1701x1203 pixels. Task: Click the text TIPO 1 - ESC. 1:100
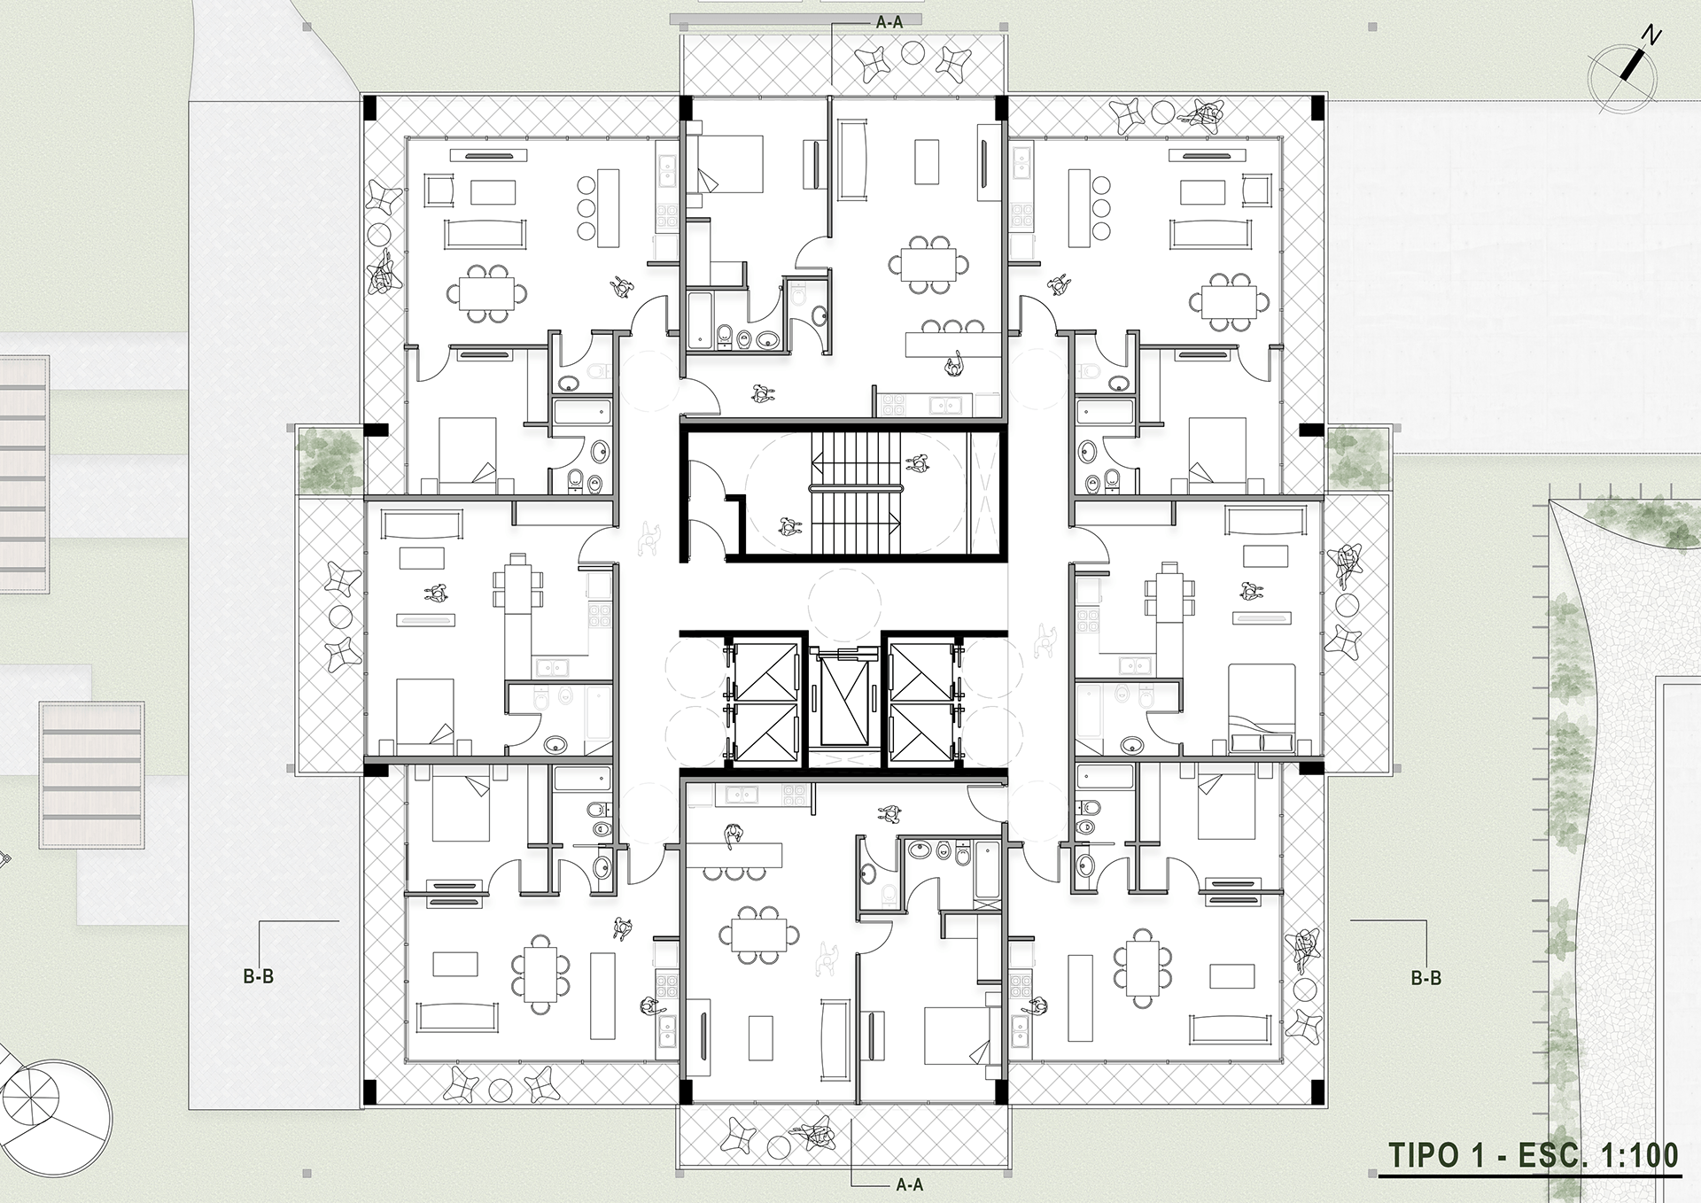pyautogui.click(x=1532, y=1155)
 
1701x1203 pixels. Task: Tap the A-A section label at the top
pyautogui.click(x=889, y=22)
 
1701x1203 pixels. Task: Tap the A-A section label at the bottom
pyautogui.click(x=909, y=1184)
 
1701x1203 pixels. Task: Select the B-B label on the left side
pyautogui.click(x=258, y=976)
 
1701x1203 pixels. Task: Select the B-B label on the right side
pyautogui.click(x=1425, y=978)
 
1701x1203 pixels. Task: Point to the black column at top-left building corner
pyautogui.click(x=370, y=109)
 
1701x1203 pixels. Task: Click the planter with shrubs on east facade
pyautogui.click(x=1358, y=458)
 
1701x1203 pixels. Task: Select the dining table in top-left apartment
pyautogui.click(x=485, y=293)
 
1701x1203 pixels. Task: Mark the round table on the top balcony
pyautogui.click(x=913, y=53)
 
